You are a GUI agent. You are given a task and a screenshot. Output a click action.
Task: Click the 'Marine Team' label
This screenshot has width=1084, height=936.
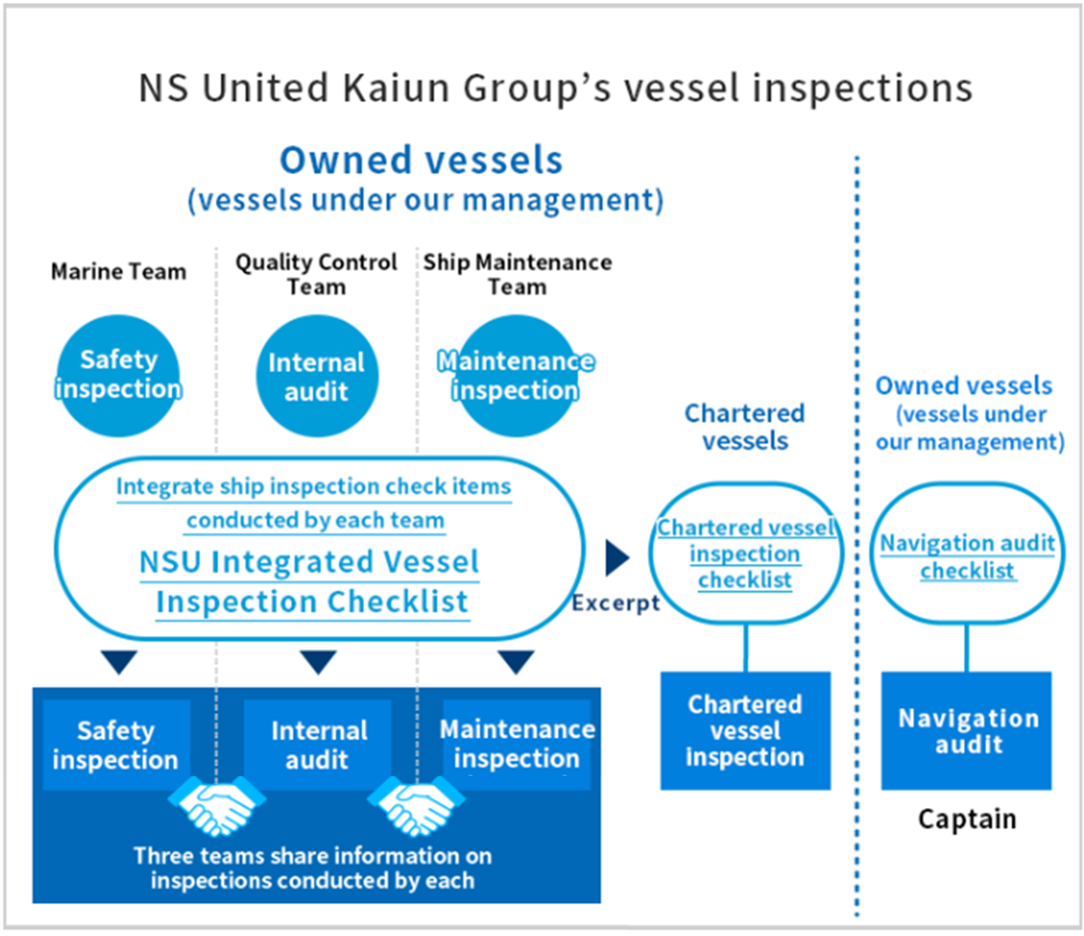point(119,272)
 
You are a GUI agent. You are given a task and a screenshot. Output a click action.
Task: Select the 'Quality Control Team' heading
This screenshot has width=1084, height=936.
point(316,274)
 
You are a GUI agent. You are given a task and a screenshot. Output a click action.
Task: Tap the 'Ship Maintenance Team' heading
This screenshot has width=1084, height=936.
point(518,274)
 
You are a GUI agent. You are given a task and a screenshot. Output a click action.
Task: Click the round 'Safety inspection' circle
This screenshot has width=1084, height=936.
point(118,376)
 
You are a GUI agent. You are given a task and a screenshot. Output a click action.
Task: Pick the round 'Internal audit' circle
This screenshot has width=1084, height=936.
point(317,376)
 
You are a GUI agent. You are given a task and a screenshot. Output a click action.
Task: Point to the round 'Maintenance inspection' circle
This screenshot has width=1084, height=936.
point(516,376)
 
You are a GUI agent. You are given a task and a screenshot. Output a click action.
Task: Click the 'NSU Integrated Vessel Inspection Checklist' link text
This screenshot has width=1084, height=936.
point(310,582)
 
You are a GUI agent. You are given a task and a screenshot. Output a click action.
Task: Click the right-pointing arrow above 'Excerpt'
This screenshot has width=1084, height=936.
point(616,557)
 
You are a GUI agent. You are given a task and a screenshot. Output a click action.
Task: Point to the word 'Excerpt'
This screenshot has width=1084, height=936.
point(615,603)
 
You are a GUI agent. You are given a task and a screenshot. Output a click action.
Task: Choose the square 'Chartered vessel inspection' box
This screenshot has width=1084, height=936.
point(745,730)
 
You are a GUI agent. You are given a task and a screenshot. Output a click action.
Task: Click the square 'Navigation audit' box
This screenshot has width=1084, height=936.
point(966,730)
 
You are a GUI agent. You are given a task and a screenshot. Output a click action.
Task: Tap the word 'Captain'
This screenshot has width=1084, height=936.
point(967,819)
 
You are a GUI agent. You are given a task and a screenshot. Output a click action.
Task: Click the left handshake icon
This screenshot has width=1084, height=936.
point(217,805)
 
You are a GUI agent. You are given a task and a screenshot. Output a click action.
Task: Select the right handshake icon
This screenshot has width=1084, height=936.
point(417,805)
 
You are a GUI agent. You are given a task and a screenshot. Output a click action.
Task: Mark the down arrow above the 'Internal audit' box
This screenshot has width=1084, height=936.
point(318,661)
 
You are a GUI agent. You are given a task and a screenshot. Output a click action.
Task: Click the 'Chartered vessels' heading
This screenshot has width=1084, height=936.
point(744,427)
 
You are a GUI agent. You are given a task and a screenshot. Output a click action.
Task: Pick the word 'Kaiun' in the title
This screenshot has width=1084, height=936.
point(396,89)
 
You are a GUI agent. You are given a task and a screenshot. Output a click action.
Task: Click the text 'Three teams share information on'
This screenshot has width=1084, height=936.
point(313,856)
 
